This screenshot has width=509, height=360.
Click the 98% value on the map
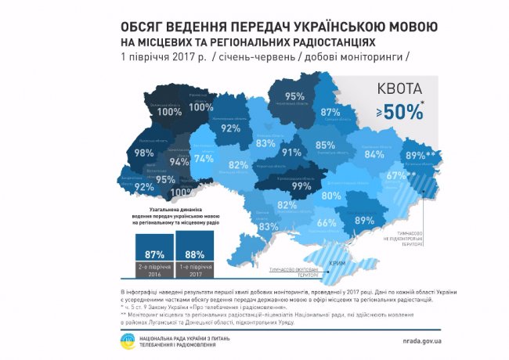coord(143,153)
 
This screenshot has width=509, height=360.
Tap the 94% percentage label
coord(179,163)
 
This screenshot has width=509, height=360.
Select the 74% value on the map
coord(204,158)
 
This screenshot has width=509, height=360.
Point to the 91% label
coord(291,153)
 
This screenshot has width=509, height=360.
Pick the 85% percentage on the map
coord(325,146)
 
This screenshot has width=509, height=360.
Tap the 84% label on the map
coord(374,155)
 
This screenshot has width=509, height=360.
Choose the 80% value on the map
coord(330,196)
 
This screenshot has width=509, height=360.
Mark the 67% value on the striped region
coord(396,176)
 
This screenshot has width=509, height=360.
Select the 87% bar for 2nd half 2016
coord(154,255)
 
